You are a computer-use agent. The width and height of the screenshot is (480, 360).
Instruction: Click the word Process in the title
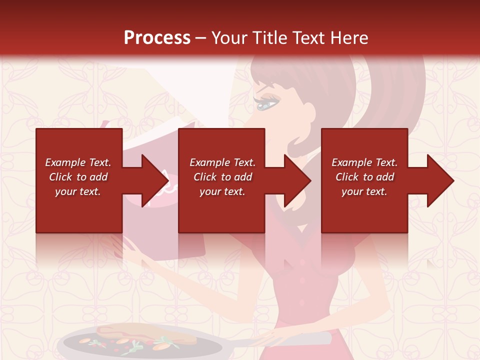point(157,38)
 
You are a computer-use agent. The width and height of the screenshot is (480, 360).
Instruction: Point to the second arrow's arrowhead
point(297,180)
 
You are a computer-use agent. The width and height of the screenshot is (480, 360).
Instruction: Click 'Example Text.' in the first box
point(78,162)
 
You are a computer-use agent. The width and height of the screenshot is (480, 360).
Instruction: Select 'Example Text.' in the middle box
point(222,162)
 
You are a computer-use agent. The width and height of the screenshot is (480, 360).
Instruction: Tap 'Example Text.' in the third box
point(364,162)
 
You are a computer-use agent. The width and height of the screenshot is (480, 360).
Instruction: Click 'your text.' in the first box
point(78,191)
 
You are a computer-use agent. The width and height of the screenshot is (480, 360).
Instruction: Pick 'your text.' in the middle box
point(222,191)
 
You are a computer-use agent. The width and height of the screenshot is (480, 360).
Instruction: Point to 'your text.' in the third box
point(364,191)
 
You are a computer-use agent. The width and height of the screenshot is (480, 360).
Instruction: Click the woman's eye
point(266,104)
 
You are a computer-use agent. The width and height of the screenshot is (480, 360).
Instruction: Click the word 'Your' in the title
point(229,38)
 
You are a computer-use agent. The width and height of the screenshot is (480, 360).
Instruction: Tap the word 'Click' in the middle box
point(205,177)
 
